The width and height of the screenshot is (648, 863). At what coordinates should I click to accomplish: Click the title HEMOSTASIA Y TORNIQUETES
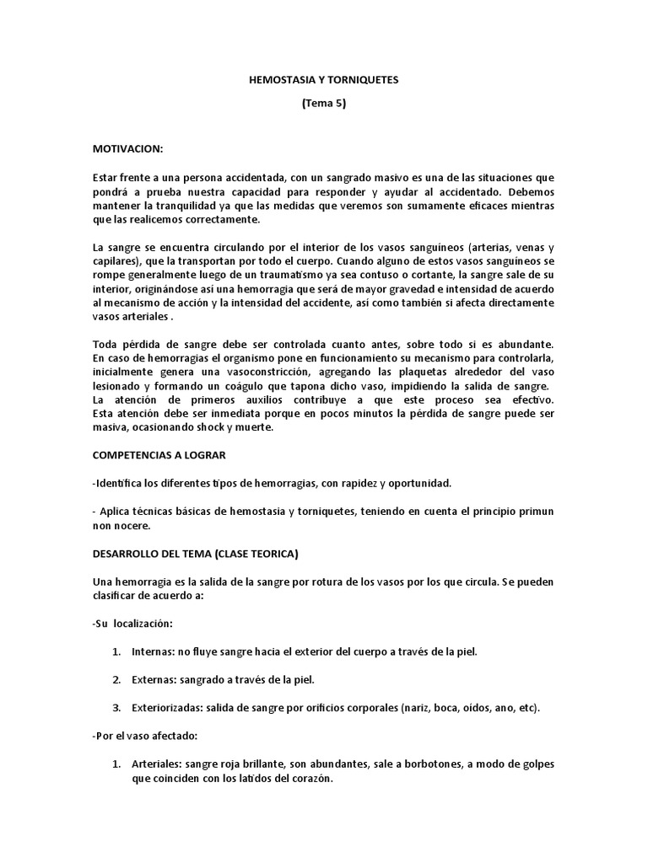click(x=324, y=80)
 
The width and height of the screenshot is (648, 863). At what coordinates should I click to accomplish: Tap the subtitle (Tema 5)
click(x=324, y=104)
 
